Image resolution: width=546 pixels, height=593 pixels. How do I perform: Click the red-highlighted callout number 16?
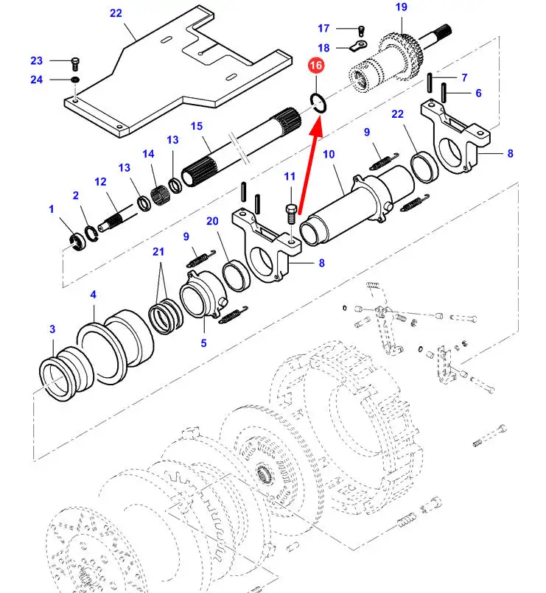(x=316, y=66)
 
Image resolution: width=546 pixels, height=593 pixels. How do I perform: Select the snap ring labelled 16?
(x=317, y=102)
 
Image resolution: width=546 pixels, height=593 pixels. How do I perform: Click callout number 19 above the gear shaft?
(x=401, y=7)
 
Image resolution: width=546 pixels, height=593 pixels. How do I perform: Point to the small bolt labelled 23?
(x=75, y=63)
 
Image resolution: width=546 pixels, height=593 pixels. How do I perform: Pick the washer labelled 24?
(x=75, y=80)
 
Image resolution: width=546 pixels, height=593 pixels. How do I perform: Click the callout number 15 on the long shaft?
(x=197, y=126)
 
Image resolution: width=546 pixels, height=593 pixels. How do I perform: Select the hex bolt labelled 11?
(x=291, y=215)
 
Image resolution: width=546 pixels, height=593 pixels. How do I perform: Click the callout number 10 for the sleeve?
(x=329, y=154)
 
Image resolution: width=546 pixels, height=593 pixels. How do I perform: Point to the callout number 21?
(x=158, y=252)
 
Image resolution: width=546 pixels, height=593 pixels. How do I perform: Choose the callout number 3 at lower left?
(x=52, y=329)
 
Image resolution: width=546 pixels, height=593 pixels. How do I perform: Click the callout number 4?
(x=93, y=295)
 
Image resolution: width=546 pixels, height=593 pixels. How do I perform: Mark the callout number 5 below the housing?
(x=203, y=343)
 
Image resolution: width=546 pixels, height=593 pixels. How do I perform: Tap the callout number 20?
(x=212, y=221)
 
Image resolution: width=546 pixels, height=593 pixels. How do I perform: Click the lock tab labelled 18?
(x=357, y=46)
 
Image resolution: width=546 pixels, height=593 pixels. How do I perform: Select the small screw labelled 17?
(x=361, y=31)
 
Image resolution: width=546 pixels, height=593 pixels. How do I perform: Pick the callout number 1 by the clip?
(x=52, y=209)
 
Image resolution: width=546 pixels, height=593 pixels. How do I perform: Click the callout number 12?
(x=100, y=182)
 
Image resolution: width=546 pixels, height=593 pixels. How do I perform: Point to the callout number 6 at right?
(x=478, y=93)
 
